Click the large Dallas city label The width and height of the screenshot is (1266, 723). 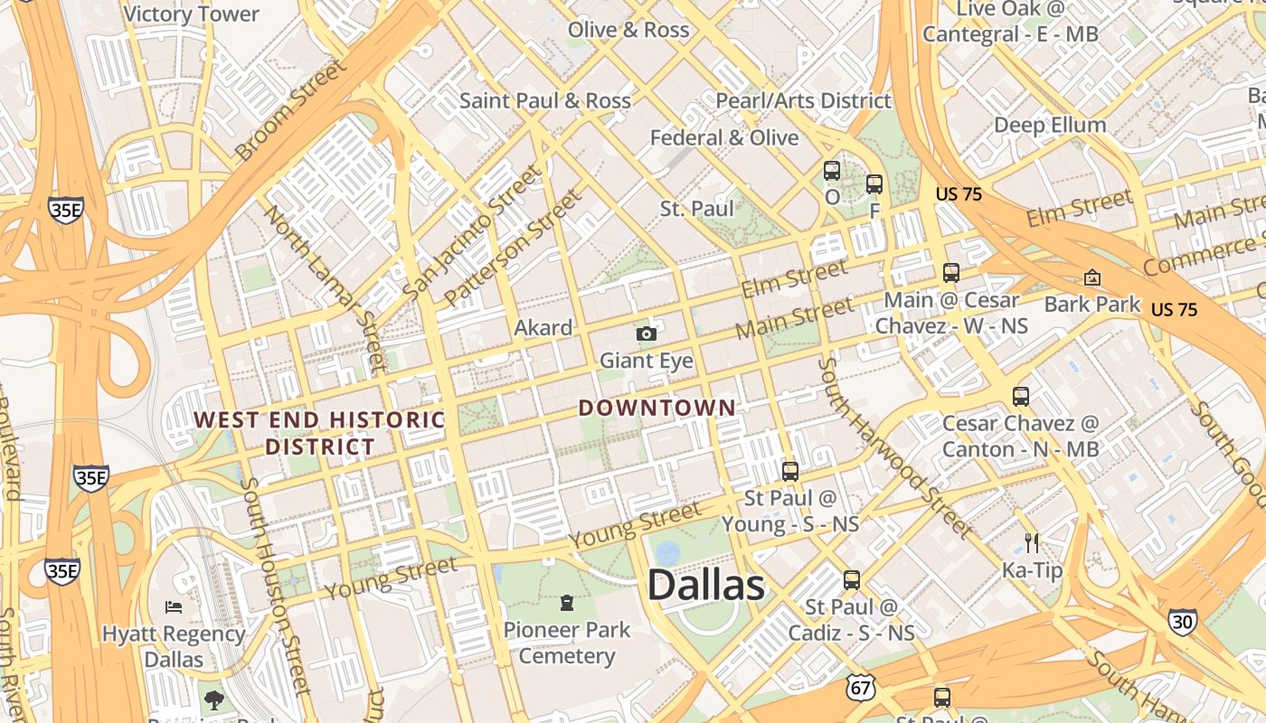coord(705,586)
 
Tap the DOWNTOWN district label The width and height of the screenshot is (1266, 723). coord(657,408)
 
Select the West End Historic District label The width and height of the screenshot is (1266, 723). coord(319,433)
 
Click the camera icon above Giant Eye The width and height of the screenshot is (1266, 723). coord(646,334)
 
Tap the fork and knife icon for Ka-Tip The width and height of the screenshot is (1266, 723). coord(1032,542)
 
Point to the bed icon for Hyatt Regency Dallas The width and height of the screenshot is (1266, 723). coord(174,606)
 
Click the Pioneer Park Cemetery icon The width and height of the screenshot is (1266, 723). coord(567,602)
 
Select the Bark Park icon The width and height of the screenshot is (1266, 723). coord(1092,277)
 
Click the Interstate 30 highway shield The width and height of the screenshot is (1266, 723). coord(1182,621)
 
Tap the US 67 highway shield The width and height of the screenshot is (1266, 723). coord(861,688)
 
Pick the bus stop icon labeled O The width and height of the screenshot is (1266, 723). coord(832,170)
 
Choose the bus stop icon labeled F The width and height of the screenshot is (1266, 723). coord(874,184)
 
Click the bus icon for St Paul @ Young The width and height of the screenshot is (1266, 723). coord(790,471)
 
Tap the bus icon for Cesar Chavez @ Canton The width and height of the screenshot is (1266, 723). coord(1021,396)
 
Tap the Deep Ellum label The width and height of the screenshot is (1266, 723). coord(1050,125)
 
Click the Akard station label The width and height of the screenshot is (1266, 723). coord(543,327)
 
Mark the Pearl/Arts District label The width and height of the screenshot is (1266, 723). coord(803,100)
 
